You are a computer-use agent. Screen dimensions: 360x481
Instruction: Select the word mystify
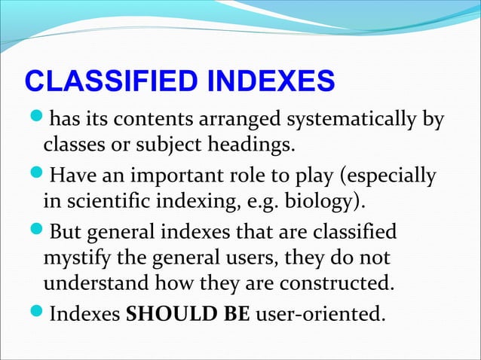pos(77,258)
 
